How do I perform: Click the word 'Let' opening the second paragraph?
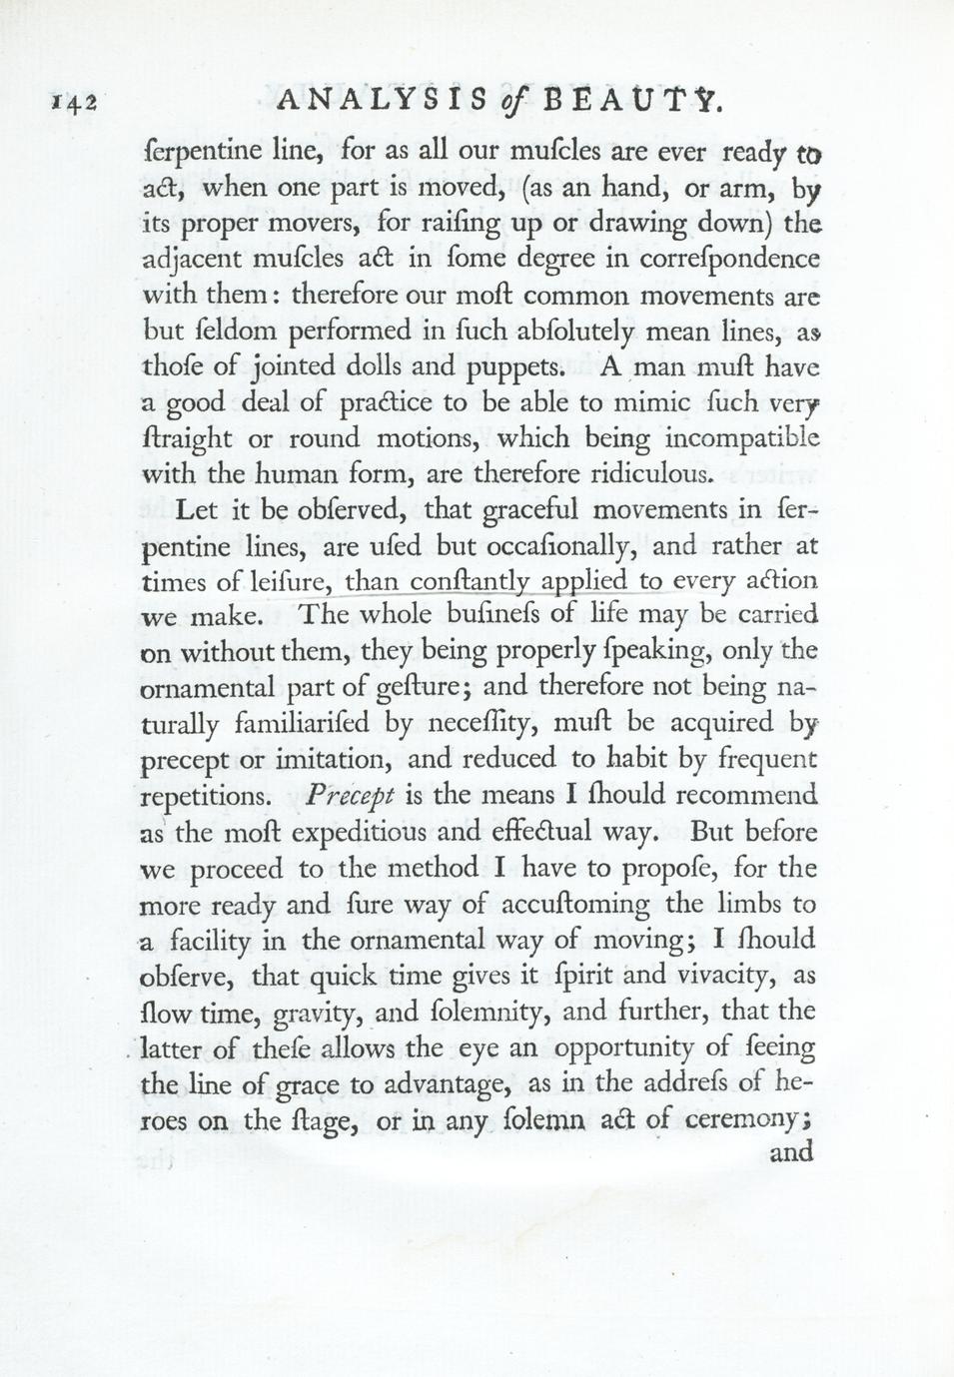196,509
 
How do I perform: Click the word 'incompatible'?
741,438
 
